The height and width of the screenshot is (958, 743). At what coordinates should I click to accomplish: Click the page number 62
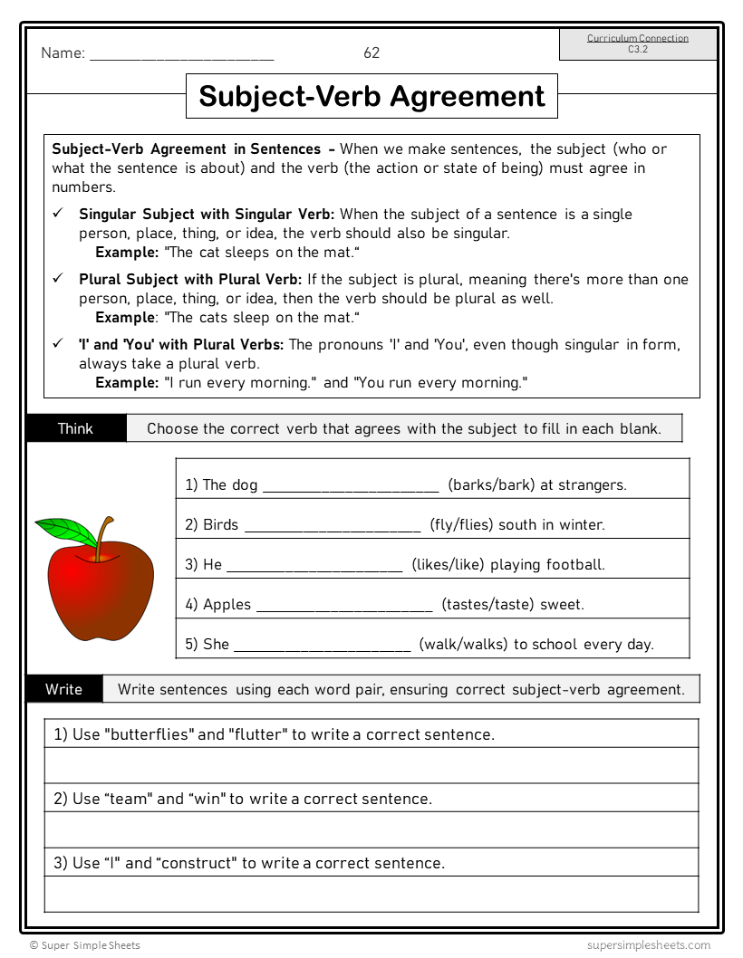pos(371,53)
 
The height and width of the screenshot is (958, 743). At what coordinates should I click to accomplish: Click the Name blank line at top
pos(181,56)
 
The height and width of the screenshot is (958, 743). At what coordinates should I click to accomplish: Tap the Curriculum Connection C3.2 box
pos(638,43)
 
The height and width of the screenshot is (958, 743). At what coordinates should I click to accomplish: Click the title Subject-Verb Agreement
pos(371,96)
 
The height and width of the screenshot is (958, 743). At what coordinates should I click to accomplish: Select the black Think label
pos(75,428)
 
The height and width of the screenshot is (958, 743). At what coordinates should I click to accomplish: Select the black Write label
pos(63,689)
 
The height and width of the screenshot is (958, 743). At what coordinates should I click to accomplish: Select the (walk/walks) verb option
pos(463,644)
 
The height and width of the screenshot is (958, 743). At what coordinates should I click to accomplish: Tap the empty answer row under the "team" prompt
pos(371,829)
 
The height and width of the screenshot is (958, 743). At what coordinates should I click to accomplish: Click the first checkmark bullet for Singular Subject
pos(57,214)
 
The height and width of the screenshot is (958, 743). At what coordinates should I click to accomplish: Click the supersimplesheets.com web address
pos(648,944)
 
